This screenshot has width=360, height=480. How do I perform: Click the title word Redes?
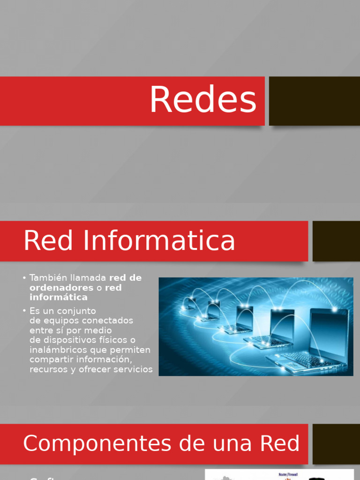tap(203, 100)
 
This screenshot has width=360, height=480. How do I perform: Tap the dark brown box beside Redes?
tap(314, 101)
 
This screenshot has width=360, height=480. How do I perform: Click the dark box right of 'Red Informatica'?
tap(336, 241)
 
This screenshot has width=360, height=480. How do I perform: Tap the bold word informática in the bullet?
tap(58, 297)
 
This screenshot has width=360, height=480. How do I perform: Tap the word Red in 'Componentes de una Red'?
tap(283, 443)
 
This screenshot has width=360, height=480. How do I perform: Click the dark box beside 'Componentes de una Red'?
tap(336, 443)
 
